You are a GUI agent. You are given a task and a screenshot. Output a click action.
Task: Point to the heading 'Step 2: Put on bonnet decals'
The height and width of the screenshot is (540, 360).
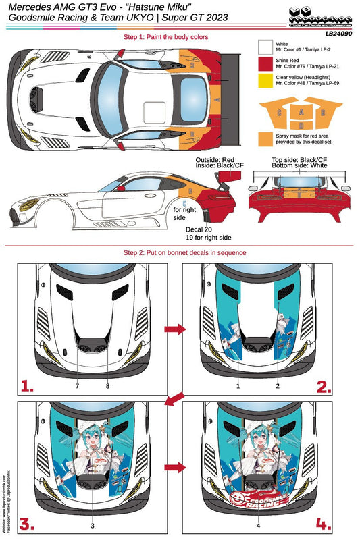pos(180,252)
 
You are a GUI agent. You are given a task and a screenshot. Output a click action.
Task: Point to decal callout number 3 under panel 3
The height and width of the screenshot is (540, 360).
pos(92,523)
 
